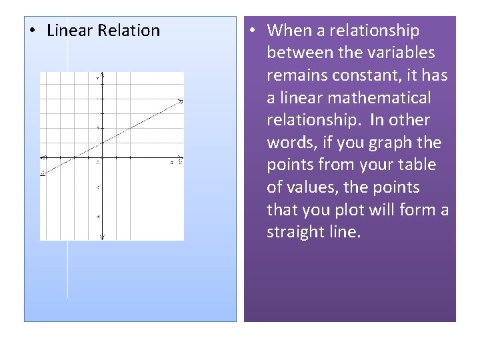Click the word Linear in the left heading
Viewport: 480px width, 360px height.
(70, 31)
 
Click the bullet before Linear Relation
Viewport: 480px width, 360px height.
(32, 31)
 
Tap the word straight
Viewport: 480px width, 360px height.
(298, 233)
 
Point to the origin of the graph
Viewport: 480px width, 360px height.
(101, 157)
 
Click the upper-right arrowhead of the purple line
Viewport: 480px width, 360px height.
(181, 101)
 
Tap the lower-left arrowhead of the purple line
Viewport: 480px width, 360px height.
(43, 174)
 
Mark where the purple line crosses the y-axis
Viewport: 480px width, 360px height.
(101, 143)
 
